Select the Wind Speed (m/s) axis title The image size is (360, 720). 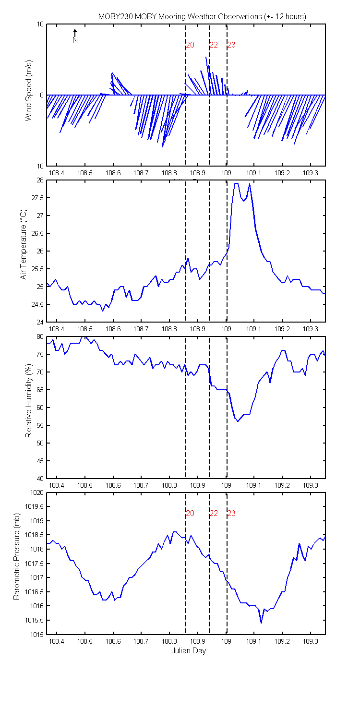(x=29, y=91)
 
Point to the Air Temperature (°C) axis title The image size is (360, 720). (x=23, y=245)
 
